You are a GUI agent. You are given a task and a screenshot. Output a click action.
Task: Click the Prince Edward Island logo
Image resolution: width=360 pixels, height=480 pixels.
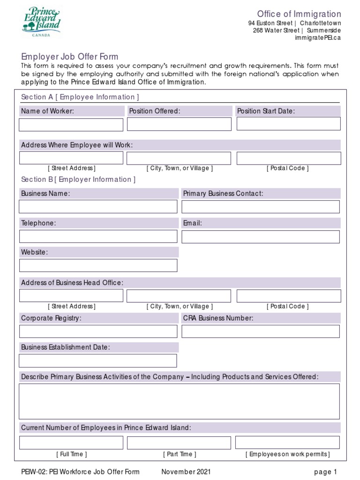click(x=41, y=21)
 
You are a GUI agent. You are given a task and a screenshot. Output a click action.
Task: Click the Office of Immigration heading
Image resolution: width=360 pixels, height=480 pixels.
click(x=299, y=14)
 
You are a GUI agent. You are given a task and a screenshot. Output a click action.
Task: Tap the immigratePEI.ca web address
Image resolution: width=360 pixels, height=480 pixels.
click(x=317, y=38)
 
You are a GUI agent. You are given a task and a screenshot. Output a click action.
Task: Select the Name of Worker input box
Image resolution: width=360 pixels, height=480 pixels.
click(x=71, y=125)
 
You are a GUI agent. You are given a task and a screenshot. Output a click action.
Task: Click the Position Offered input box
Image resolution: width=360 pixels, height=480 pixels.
click(x=179, y=124)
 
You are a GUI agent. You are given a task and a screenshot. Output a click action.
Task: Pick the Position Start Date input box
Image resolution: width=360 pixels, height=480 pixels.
click(x=288, y=124)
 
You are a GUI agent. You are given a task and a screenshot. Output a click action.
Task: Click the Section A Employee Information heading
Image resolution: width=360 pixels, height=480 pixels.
click(x=80, y=97)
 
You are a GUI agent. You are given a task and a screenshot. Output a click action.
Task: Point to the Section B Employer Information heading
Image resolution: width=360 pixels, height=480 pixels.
click(x=79, y=180)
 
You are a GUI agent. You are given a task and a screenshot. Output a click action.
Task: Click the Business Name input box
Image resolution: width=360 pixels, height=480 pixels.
click(x=98, y=207)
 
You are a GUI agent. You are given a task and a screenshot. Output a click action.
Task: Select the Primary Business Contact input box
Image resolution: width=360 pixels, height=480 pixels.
click(x=261, y=207)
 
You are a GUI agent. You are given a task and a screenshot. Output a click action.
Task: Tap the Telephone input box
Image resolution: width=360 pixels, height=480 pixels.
click(x=98, y=236)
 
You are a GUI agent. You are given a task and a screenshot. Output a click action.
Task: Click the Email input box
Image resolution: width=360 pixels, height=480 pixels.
click(x=261, y=237)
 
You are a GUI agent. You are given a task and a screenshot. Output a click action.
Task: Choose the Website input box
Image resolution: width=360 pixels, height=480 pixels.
click(x=98, y=265)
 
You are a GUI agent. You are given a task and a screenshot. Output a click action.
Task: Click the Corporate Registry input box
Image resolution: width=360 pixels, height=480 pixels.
click(x=98, y=331)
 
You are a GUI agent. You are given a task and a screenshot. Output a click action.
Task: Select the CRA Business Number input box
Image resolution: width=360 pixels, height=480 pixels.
click(x=261, y=331)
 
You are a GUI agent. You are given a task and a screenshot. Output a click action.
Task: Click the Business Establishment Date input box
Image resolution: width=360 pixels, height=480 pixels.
click(x=98, y=360)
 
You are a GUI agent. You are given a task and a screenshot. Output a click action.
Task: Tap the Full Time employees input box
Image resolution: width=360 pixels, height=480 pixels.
click(x=71, y=442)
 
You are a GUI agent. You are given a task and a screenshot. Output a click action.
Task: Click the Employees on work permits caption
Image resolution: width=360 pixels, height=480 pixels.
click(x=288, y=454)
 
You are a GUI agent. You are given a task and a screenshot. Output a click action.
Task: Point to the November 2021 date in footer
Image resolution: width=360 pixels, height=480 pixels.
click(x=186, y=472)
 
